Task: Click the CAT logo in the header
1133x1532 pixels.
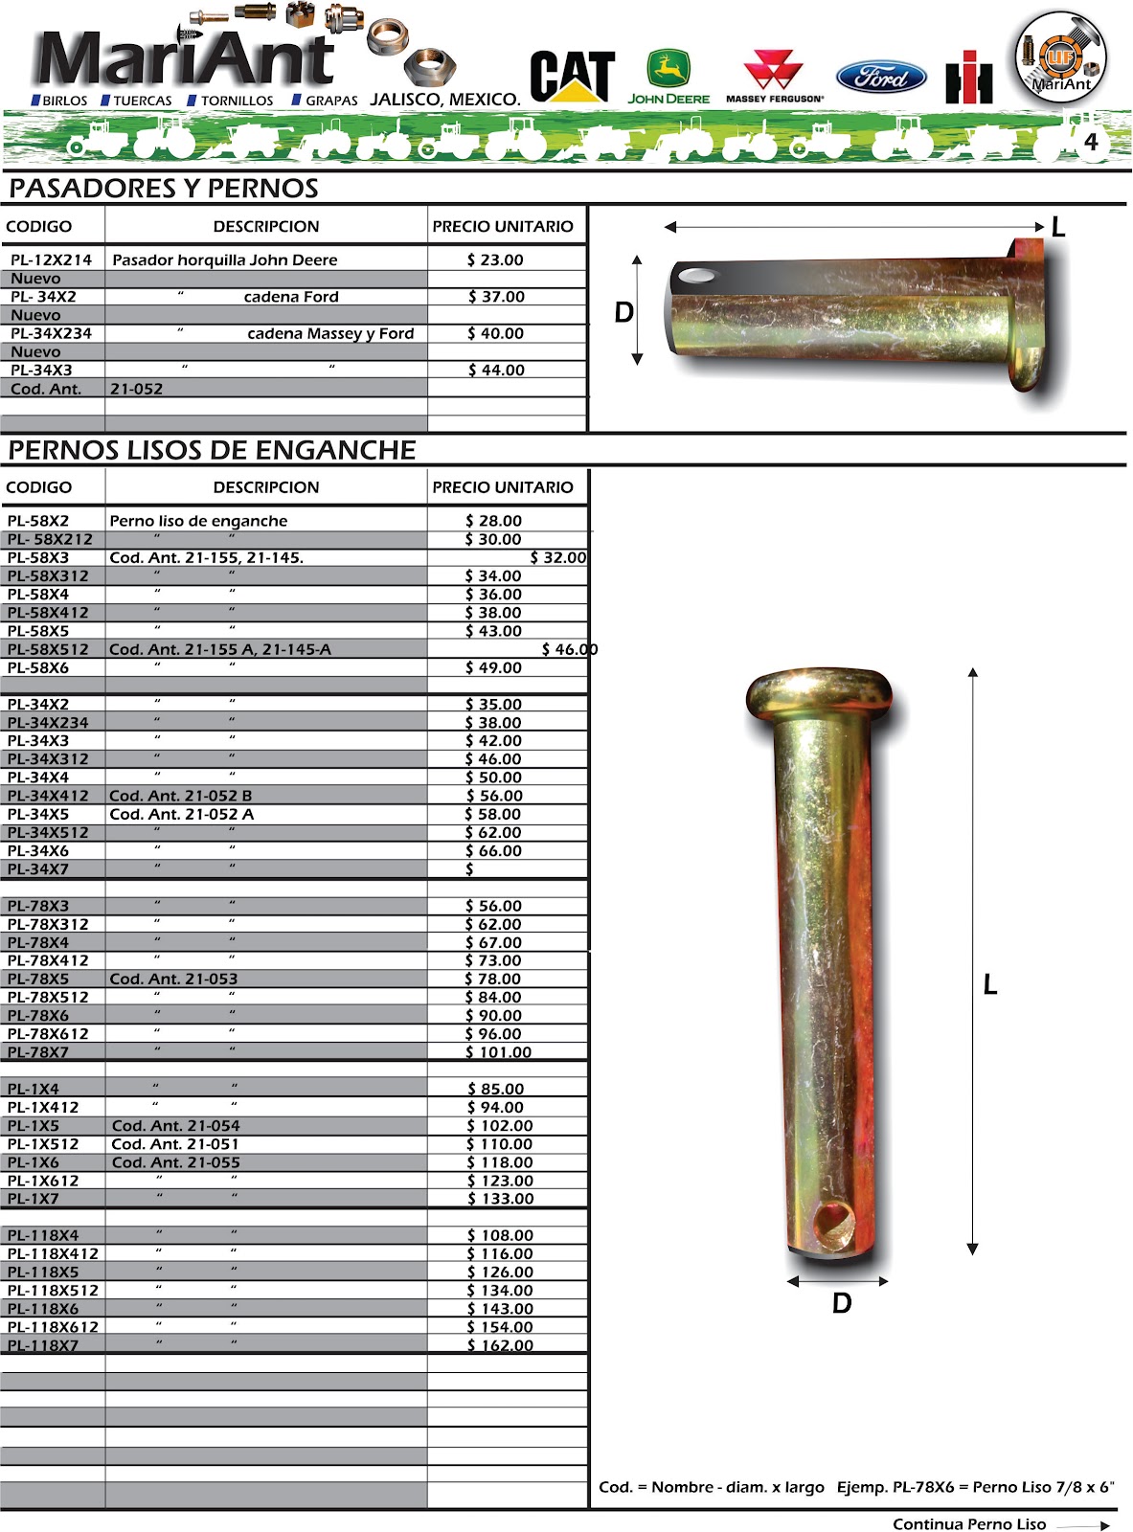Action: [x=572, y=76]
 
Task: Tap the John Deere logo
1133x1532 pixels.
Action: [x=668, y=77]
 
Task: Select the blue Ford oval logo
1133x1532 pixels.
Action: [x=881, y=77]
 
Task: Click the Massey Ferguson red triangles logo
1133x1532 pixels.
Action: [x=774, y=70]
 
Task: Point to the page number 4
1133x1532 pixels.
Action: [x=1091, y=143]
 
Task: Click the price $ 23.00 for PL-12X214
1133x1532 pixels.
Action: [x=495, y=259]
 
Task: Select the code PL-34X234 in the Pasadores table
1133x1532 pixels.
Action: [x=51, y=333]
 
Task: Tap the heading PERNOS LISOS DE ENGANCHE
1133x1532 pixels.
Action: [x=212, y=450]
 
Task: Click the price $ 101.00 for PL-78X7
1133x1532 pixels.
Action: [x=498, y=1052]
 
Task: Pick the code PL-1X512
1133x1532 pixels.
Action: [x=43, y=1144]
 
